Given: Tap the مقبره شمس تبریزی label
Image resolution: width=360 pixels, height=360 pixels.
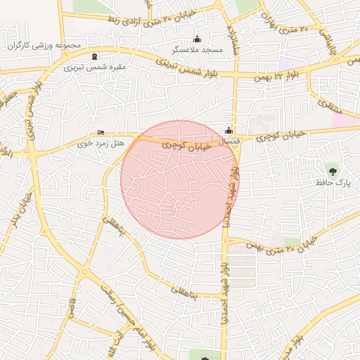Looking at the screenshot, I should [95, 67].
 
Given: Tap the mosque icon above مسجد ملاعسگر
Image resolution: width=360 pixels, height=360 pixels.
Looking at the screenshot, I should [197, 39].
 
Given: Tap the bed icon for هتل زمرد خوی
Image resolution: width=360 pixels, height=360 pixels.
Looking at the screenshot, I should [101, 132].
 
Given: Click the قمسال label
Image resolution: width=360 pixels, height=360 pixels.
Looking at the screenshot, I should [229, 141].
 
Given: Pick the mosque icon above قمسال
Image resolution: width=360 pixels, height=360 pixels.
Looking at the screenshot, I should [229, 130].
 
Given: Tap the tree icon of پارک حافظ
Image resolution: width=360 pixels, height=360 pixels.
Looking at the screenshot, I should [332, 169].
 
